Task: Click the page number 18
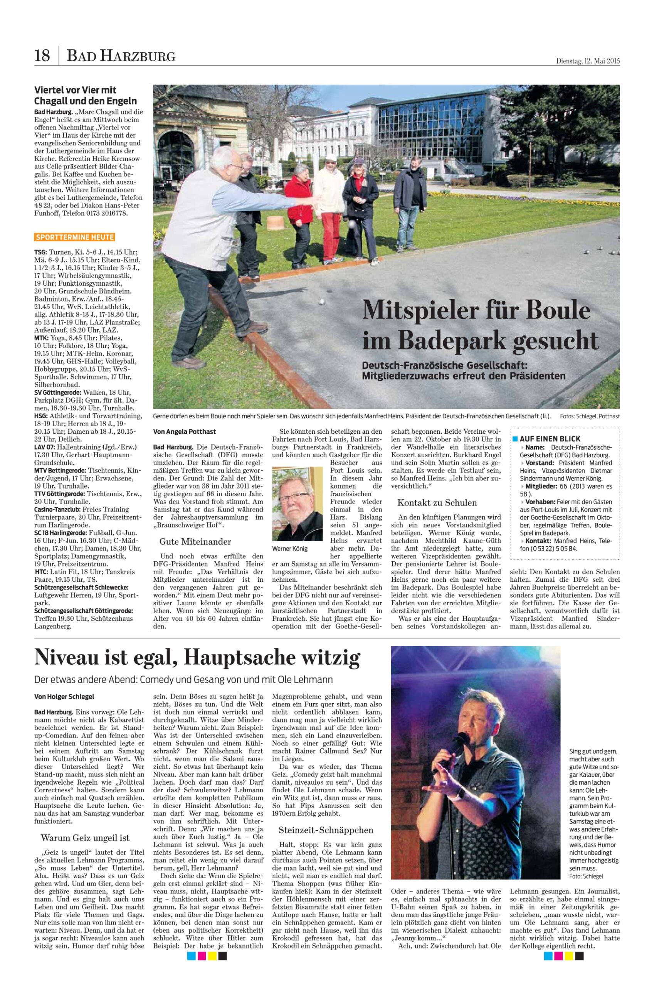tap(42, 55)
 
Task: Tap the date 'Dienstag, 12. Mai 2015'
tap(588, 61)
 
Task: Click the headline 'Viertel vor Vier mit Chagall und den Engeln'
tap(86, 95)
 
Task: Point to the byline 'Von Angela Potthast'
tap(185, 431)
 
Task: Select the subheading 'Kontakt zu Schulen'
tap(437, 502)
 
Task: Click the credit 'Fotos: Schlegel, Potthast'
tap(590, 416)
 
